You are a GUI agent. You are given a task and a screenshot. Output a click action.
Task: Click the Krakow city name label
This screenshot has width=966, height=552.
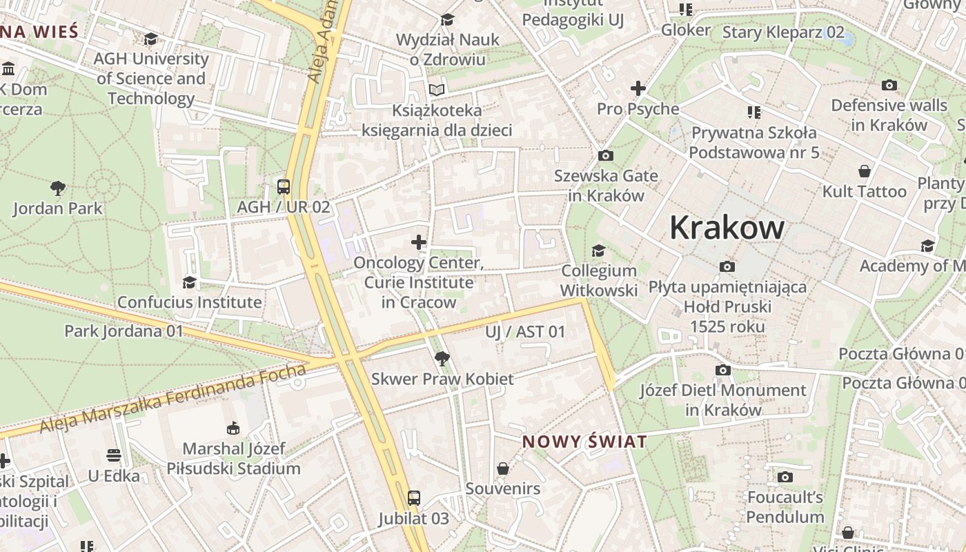pyautogui.click(x=727, y=228)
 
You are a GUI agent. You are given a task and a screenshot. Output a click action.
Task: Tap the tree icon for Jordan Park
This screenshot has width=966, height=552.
pyautogui.click(x=58, y=188)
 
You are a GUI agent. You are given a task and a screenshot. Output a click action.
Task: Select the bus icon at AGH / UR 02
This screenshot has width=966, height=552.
pyautogui.click(x=283, y=186)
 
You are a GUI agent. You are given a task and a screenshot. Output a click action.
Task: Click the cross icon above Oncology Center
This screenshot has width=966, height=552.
pyautogui.click(x=418, y=242)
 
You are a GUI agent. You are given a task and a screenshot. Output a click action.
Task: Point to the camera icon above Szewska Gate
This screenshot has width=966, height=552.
pyautogui.click(x=606, y=155)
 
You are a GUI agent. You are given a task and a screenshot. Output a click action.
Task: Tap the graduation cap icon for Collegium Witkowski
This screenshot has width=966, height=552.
pyautogui.click(x=598, y=250)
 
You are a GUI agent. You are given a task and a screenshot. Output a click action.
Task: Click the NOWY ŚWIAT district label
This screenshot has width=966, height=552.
pyautogui.click(x=584, y=442)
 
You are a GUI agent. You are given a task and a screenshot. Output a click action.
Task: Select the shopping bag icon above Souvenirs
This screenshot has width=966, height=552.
pyautogui.click(x=503, y=469)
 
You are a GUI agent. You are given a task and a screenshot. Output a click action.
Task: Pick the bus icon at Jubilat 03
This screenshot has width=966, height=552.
pyautogui.click(x=413, y=498)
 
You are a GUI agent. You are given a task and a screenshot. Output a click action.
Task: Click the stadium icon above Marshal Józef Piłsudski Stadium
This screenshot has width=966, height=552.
pyautogui.click(x=233, y=428)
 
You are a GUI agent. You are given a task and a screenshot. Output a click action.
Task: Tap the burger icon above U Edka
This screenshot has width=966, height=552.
pyautogui.click(x=114, y=455)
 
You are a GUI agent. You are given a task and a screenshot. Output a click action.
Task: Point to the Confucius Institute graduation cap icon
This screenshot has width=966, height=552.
pyautogui.click(x=189, y=282)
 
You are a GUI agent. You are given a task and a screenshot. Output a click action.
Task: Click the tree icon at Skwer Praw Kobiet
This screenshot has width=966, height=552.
pyautogui.click(x=442, y=358)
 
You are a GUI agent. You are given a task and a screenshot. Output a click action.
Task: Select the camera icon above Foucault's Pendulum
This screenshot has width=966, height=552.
pyautogui.click(x=785, y=477)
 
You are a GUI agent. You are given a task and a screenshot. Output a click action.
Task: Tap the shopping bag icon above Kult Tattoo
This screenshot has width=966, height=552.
pyautogui.click(x=864, y=171)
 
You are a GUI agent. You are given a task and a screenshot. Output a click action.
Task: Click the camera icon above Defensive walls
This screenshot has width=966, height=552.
pyautogui.click(x=889, y=86)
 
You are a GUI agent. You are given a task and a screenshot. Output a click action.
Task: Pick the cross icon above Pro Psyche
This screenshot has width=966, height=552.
pyautogui.click(x=638, y=88)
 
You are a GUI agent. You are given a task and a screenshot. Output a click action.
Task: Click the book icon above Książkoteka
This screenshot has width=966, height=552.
pyautogui.click(x=436, y=90)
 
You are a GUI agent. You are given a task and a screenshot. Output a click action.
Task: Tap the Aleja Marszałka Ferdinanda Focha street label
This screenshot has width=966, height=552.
pyautogui.click(x=172, y=400)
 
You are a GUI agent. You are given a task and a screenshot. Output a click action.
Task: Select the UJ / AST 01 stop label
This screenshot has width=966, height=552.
pyautogui.click(x=524, y=332)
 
